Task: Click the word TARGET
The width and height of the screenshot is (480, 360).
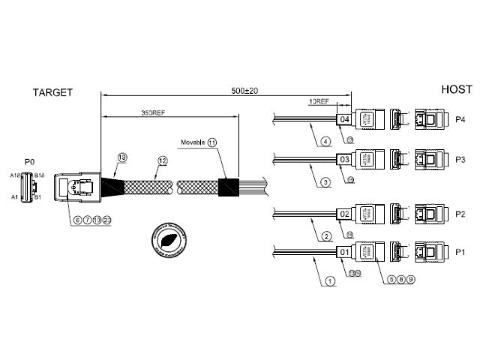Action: point(52,92)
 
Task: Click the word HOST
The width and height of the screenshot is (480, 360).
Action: point(456,88)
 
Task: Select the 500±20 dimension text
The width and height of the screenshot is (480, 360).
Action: point(245,91)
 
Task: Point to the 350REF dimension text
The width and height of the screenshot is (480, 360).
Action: point(152,112)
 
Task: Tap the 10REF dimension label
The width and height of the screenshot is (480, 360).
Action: point(319,100)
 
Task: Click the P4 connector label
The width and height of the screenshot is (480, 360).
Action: point(460,119)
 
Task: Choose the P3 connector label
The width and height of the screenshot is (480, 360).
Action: point(460,160)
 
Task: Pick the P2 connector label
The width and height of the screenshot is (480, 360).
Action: point(460,214)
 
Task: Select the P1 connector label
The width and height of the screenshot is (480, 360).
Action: point(460,253)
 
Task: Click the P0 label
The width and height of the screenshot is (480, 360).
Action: point(29,161)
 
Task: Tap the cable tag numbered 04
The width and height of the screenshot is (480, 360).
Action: point(345,119)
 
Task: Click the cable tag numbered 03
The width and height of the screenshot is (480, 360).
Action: point(345,160)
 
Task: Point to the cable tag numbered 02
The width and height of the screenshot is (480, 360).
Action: point(345,214)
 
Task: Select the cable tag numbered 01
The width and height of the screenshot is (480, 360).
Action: point(345,253)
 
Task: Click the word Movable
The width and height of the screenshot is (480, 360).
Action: point(193,142)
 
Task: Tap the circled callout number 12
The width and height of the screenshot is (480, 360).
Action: point(162,160)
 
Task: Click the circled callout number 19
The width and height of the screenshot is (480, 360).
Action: point(123,157)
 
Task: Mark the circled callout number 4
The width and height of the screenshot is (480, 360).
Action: point(325,140)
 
